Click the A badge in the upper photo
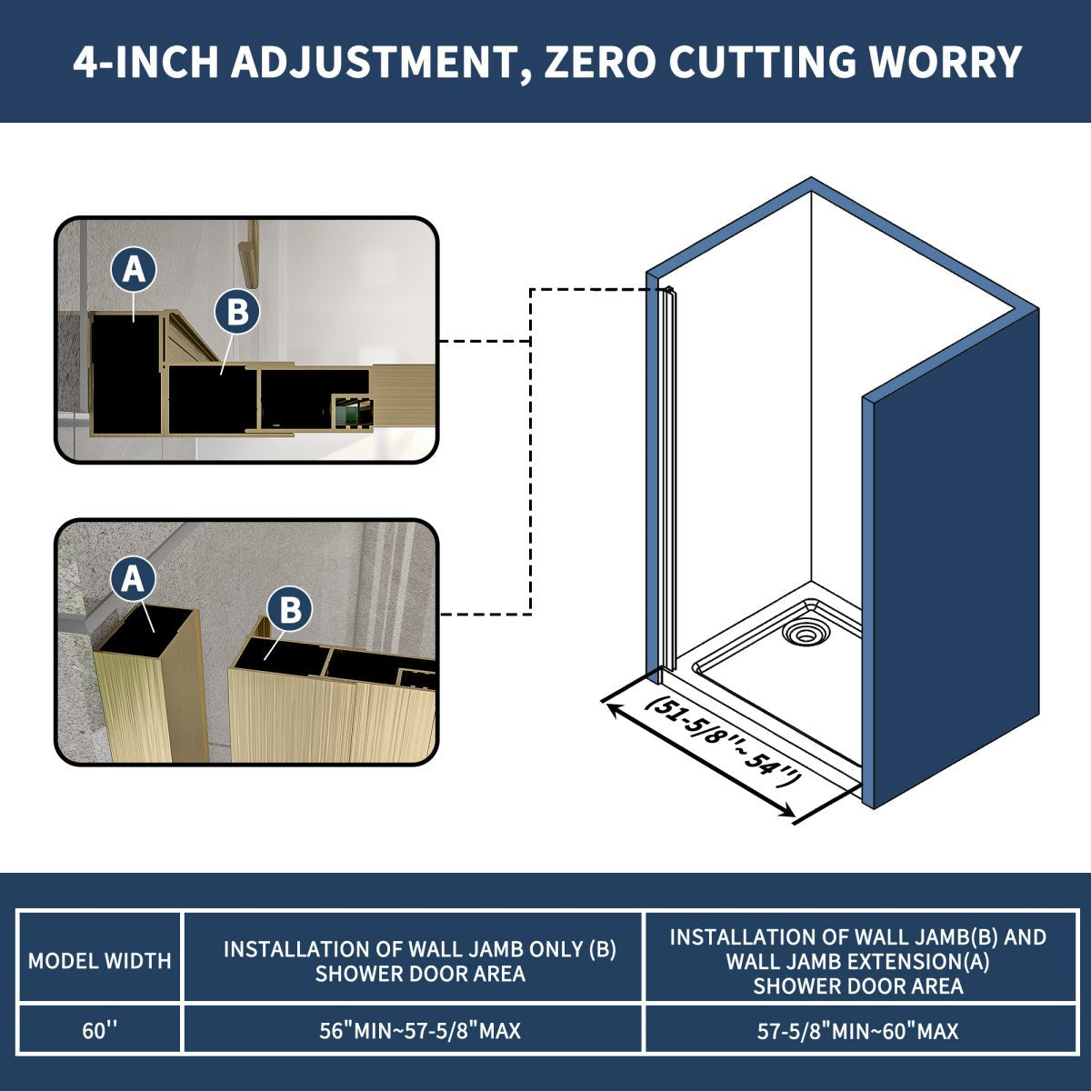point(134,269)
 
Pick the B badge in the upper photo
point(236,313)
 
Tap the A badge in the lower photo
point(134,579)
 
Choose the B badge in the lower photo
point(289,609)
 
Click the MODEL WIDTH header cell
point(100,960)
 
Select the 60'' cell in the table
point(100,1030)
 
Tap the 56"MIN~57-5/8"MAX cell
point(419,1030)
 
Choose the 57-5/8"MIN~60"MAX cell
point(857,1030)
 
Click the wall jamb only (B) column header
point(419,961)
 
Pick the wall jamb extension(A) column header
point(857,961)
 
